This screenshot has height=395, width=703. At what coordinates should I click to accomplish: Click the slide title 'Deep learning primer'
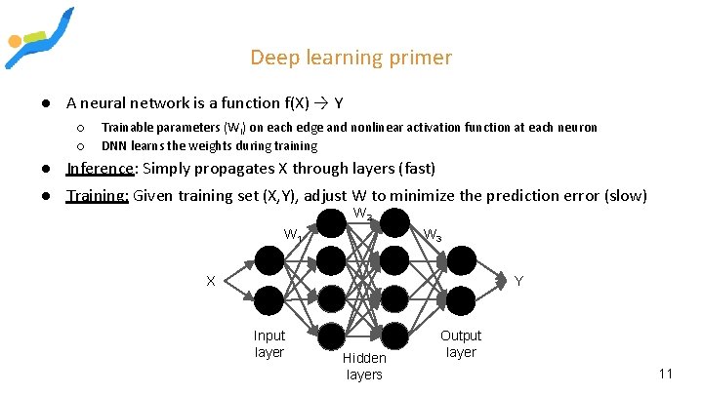click(351, 58)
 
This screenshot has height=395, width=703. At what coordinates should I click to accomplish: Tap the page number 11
click(666, 374)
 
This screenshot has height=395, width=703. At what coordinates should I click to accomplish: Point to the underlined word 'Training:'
click(97, 195)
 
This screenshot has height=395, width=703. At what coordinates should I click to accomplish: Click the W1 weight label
click(292, 234)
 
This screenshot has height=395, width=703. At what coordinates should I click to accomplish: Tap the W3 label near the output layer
click(432, 235)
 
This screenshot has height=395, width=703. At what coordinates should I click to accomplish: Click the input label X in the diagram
click(210, 281)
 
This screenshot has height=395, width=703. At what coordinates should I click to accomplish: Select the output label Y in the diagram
click(518, 281)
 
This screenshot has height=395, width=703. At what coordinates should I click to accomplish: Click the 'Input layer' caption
click(269, 343)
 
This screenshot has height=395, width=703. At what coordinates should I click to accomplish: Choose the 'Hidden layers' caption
click(364, 366)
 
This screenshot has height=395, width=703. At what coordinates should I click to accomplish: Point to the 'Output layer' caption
click(461, 343)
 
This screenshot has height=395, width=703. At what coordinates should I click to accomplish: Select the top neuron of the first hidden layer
click(332, 223)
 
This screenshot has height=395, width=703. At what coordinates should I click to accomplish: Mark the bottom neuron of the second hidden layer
click(394, 335)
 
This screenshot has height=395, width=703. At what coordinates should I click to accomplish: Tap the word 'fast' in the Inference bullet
click(416, 168)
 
